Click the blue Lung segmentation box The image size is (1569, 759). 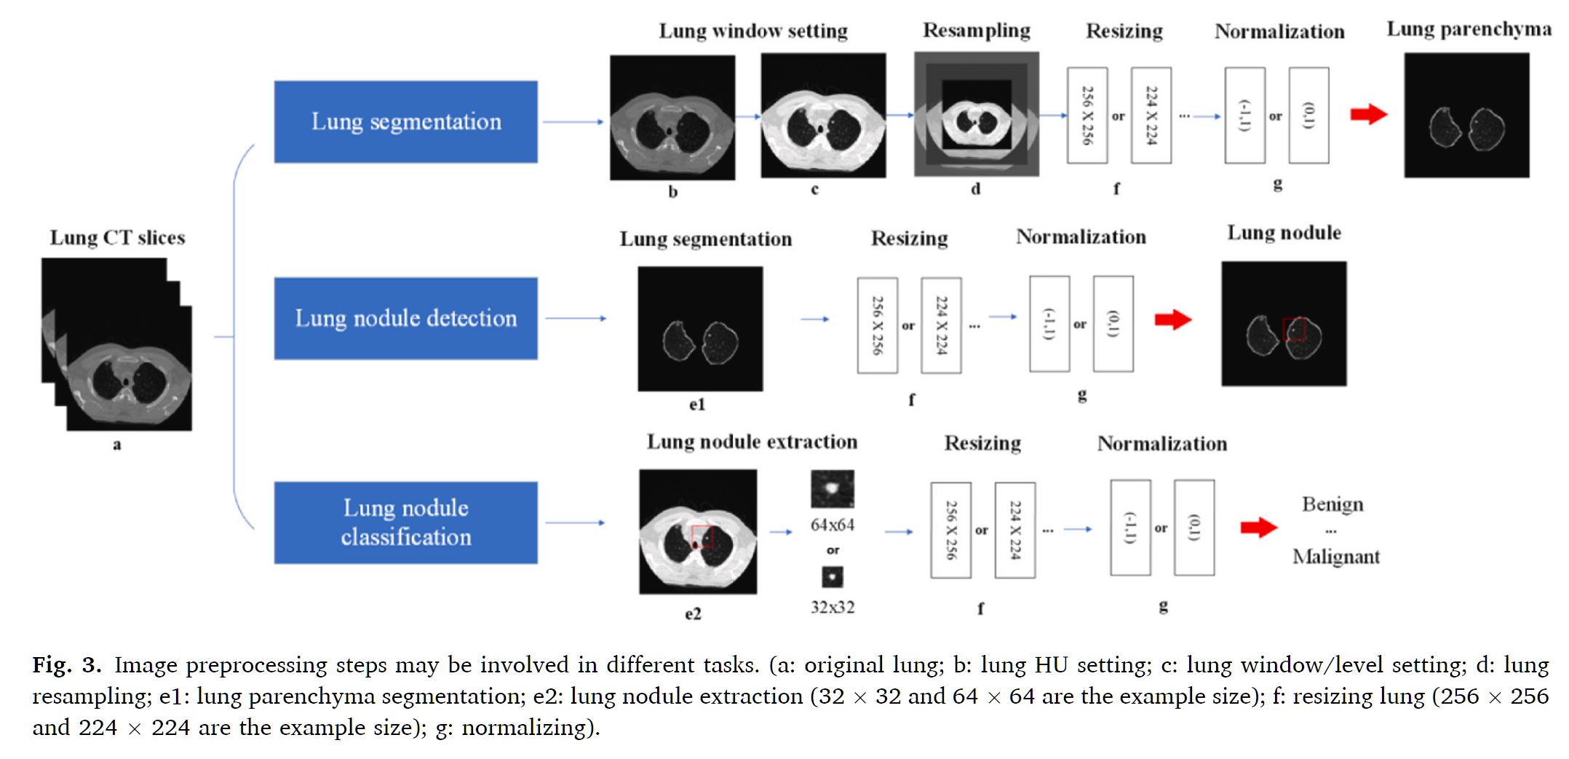[405, 122]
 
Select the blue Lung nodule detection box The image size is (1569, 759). [405, 318]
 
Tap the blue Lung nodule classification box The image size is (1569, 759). [405, 522]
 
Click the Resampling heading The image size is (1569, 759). [976, 31]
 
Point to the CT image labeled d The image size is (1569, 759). [976, 114]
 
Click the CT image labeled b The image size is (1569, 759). [672, 118]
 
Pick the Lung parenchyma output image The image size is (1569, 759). [1466, 115]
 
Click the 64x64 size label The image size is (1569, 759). [833, 525]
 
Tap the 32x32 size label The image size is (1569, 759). [833, 607]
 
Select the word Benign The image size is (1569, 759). [1332, 504]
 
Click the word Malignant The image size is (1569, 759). [1335, 557]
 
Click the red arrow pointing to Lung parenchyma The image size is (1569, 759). [1368, 114]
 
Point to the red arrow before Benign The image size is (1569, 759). [1258, 528]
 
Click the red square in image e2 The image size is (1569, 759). [702, 536]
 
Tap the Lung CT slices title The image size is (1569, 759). [117, 238]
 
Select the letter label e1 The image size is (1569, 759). [696, 405]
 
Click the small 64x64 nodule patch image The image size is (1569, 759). [832, 489]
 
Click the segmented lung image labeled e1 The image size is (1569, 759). [700, 329]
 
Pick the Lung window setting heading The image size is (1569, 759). [753, 31]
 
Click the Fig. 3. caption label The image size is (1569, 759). [66, 665]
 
